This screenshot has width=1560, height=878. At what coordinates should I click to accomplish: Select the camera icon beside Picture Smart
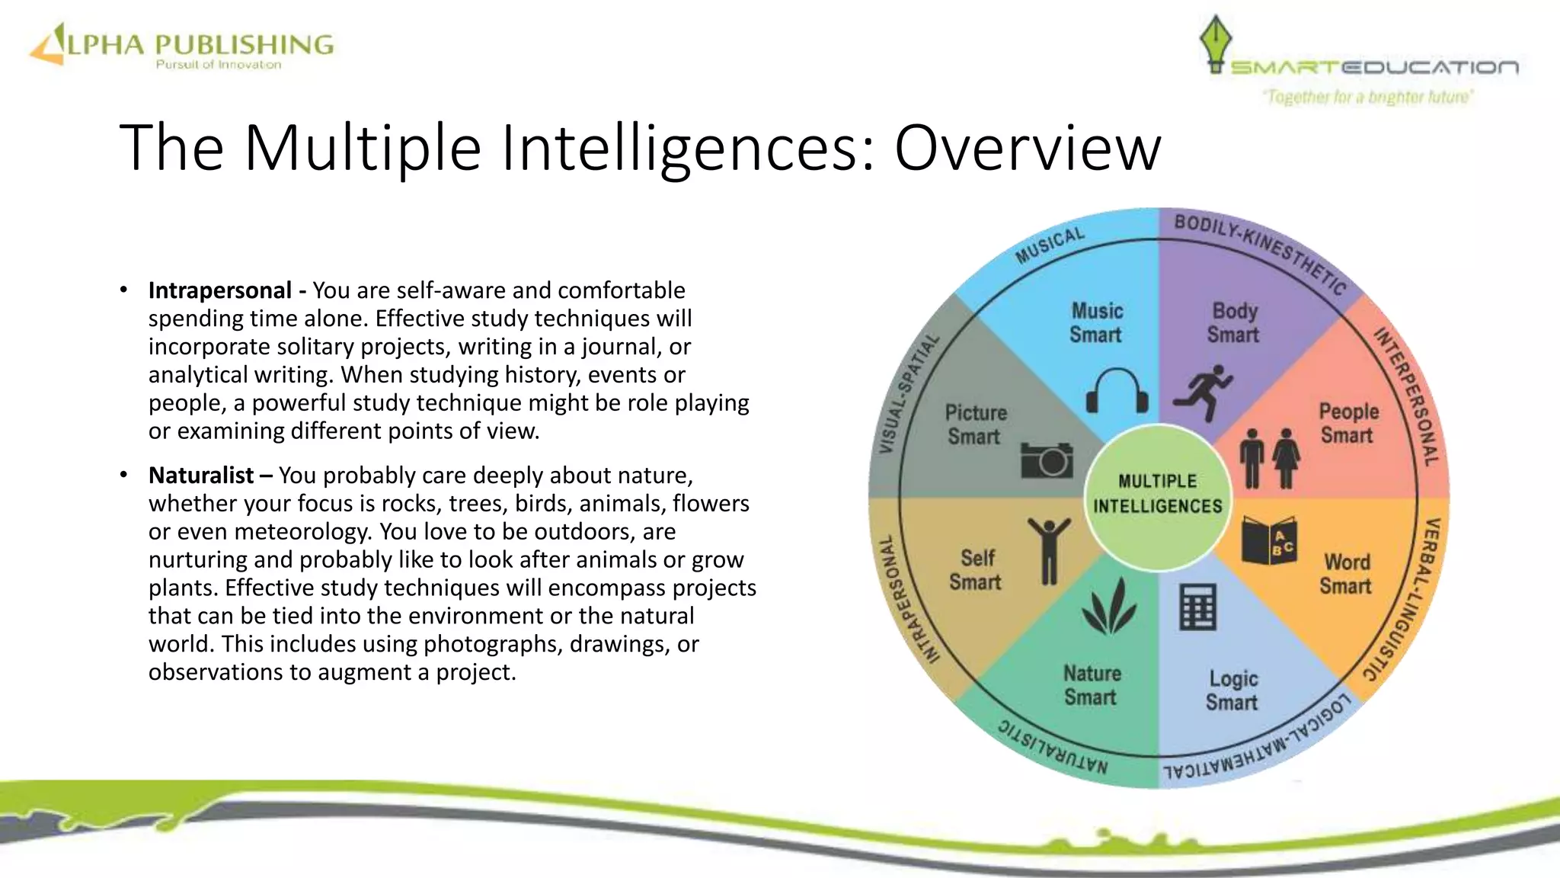click(1047, 459)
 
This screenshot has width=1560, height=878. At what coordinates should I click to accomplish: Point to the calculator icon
click(1197, 607)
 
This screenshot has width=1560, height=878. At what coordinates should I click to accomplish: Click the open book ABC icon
click(1268, 540)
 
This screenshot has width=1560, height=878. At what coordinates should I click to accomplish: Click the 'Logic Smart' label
click(1232, 691)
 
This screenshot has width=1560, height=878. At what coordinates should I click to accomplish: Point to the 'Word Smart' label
click(1346, 574)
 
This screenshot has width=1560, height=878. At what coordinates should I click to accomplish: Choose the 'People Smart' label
click(1348, 423)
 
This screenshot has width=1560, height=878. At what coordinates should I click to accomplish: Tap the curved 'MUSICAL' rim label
click(1050, 245)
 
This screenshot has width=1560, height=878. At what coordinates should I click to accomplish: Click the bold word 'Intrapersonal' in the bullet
click(219, 290)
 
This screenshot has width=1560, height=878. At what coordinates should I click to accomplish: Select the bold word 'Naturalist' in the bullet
click(201, 476)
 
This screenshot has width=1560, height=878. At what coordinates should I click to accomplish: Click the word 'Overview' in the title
click(1028, 148)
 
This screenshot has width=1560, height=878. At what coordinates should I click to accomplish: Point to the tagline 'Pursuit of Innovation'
click(219, 65)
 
